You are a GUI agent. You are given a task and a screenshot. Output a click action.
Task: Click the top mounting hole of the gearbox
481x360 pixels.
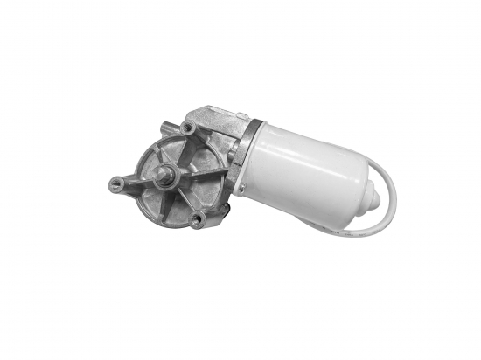[x=186, y=128]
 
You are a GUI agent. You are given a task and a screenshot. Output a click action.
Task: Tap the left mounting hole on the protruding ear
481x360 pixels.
[x=117, y=183]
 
